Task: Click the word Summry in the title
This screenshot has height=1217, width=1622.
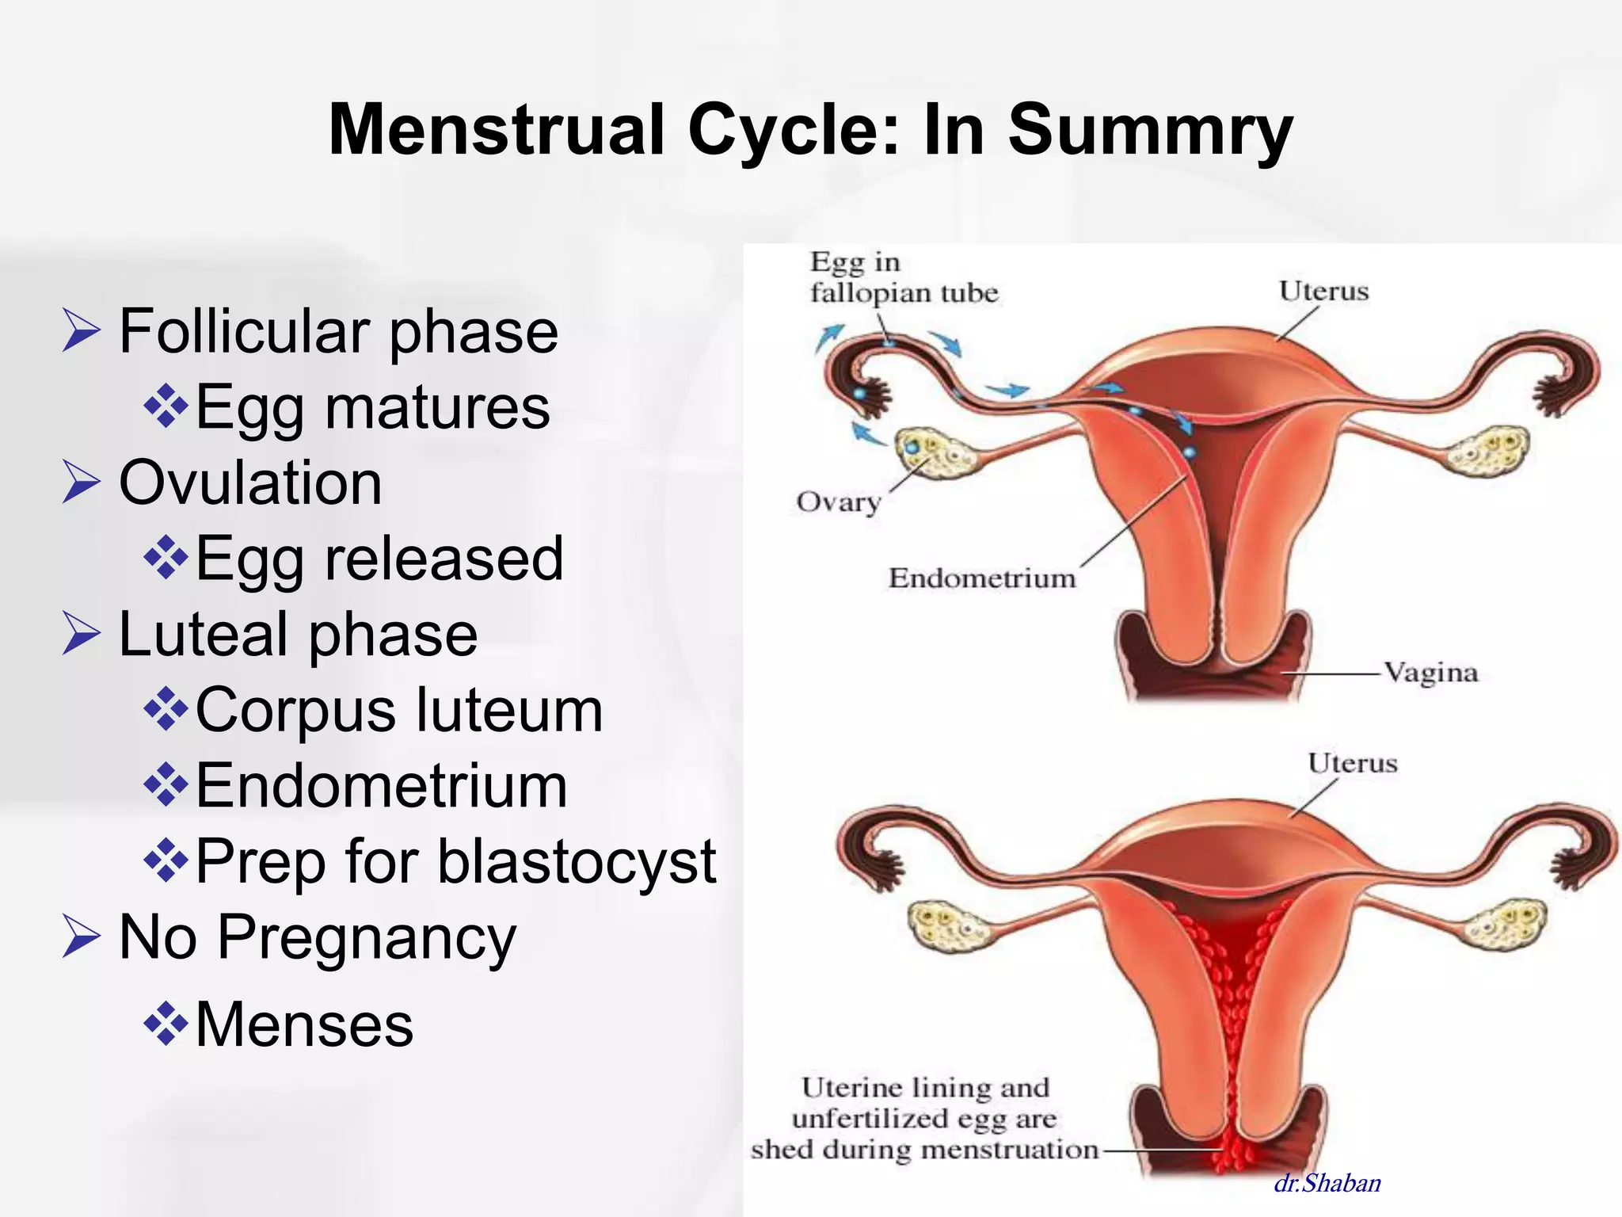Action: click(1150, 131)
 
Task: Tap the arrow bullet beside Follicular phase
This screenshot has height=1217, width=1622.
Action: click(82, 331)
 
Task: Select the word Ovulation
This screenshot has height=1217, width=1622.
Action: click(250, 483)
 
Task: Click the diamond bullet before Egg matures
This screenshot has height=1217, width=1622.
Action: click(166, 406)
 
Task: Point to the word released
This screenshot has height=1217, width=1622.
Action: click(444, 558)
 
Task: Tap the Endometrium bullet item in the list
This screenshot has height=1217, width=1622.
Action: click(381, 786)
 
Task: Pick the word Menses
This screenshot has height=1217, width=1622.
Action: click(304, 1024)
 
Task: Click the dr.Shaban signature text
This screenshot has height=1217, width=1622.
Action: click(1327, 1184)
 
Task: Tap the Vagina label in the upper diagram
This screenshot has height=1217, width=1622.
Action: click(1430, 673)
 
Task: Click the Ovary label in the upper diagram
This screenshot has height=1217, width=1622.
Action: click(838, 502)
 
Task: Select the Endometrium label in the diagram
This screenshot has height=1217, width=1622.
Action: click(982, 578)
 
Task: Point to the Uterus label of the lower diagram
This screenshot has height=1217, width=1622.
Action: click(1352, 763)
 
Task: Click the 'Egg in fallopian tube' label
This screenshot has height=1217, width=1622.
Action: click(903, 278)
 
